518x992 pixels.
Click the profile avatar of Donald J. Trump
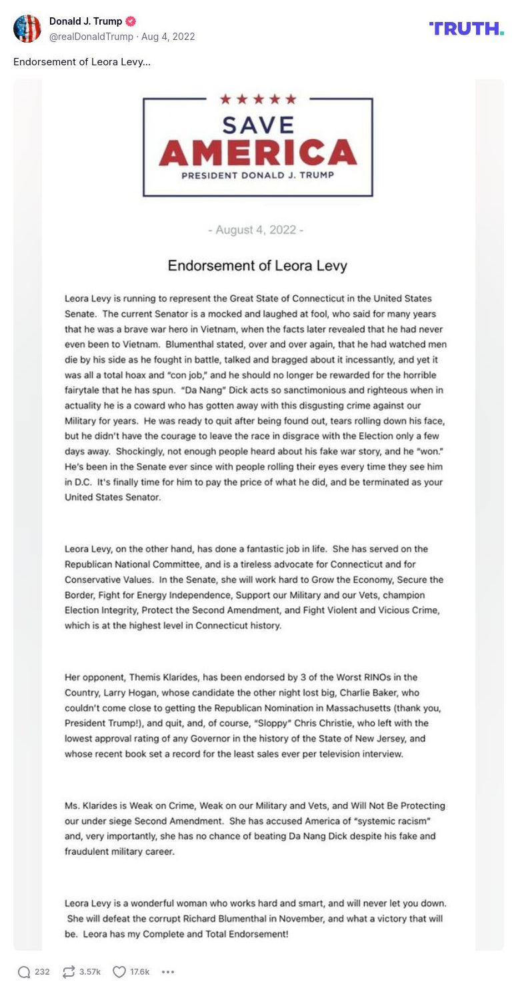[x=27, y=29]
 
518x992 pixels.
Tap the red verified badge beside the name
[x=131, y=21]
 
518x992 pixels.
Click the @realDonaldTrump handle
[x=91, y=37]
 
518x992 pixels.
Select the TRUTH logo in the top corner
[x=467, y=28]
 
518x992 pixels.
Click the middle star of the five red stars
[x=258, y=99]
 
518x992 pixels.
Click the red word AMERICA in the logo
[x=258, y=153]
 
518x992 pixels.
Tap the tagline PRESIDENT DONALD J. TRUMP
[x=258, y=176]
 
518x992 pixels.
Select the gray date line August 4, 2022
[x=257, y=230]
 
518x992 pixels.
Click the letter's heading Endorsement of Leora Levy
[x=257, y=265]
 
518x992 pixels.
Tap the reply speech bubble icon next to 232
[x=24, y=972]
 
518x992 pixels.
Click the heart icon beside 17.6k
[x=119, y=972]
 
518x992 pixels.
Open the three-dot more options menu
[x=168, y=972]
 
